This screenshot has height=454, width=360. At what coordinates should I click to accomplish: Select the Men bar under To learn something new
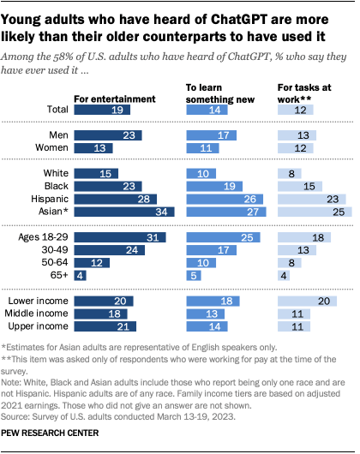pos(207,136)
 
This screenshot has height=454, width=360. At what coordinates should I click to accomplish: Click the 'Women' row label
pos(51,149)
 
